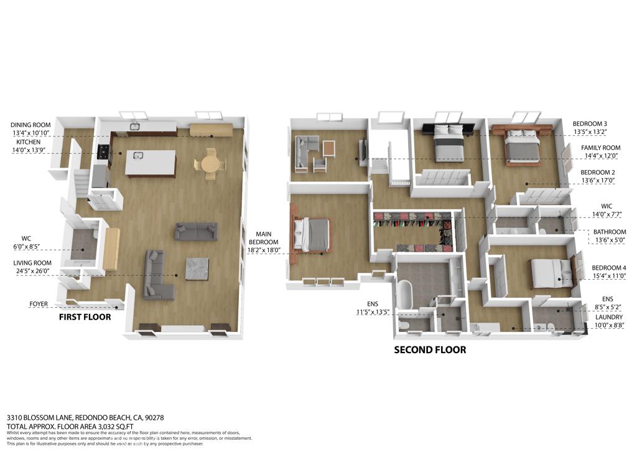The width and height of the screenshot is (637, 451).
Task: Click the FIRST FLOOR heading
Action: [x=85, y=317]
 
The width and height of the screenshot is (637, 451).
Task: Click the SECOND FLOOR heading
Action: [x=430, y=349]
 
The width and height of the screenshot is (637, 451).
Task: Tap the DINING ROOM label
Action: [x=30, y=125]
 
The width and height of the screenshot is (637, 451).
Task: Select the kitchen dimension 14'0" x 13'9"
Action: [x=29, y=150]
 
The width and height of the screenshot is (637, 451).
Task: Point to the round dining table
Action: [x=210, y=163]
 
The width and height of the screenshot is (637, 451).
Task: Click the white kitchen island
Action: [x=151, y=163]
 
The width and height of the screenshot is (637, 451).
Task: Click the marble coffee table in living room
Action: [x=197, y=269]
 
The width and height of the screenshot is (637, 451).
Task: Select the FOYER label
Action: [x=39, y=304]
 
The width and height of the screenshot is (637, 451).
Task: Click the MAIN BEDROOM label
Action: [x=264, y=238]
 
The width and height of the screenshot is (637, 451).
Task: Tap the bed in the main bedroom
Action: [x=314, y=235]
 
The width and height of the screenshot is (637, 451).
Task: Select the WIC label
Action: [x=607, y=206]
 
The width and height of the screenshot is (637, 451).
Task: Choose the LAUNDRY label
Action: [x=609, y=317]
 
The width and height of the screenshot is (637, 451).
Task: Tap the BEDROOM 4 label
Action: [x=609, y=268]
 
